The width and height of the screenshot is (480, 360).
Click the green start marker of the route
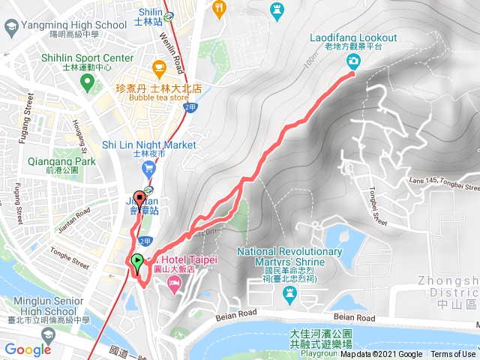click(x=137, y=262)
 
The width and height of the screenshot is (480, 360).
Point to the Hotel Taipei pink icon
click(x=174, y=283)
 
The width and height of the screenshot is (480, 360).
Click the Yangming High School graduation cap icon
click(x=10, y=28)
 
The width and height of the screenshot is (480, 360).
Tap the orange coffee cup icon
click(x=159, y=69)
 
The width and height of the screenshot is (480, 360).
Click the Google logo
click(x=27, y=349)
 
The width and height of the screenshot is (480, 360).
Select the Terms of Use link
click(x=452, y=355)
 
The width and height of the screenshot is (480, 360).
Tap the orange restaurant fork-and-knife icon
click(x=219, y=8)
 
